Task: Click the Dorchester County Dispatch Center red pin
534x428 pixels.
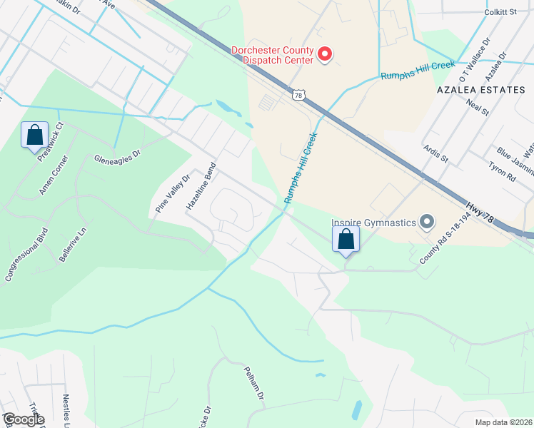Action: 325,54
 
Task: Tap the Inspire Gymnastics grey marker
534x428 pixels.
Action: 427,223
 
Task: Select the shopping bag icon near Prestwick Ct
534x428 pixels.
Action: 34,136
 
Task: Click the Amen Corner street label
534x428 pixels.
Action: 54,175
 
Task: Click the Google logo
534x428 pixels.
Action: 23,419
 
